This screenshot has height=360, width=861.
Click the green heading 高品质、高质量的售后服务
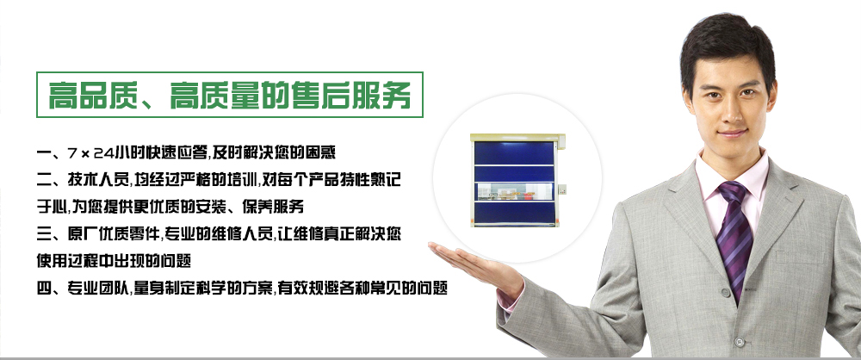[x=230, y=95]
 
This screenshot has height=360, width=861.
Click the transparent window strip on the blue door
[x=515, y=191]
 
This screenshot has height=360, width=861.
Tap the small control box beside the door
[x=562, y=190]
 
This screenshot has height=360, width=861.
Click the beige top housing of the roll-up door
[x=516, y=138]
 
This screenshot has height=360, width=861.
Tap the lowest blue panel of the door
[x=515, y=213]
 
